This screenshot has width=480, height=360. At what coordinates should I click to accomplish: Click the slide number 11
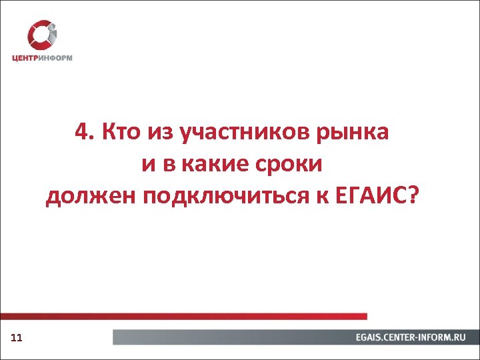click(17, 339)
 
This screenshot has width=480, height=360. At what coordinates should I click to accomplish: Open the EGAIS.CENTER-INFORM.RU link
click(410, 338)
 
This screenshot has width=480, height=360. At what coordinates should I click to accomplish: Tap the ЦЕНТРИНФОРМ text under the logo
click(42, 58)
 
